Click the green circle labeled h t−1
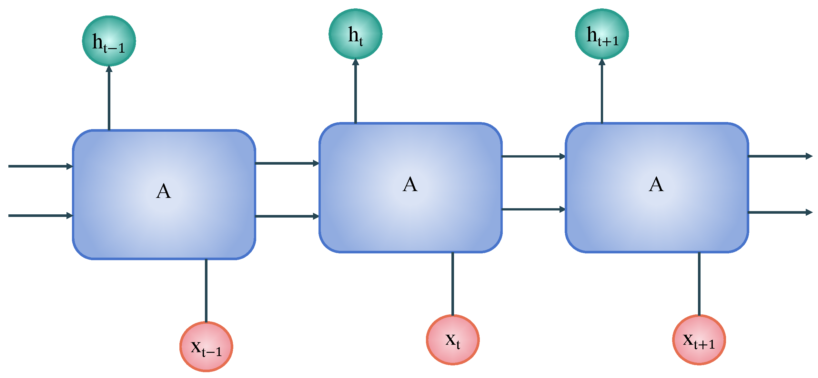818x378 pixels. click(x=109, y=41)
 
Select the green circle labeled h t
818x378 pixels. click(x=356, y=34)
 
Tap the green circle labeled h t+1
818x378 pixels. click(x=602, y=34)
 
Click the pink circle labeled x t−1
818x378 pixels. click(x=206, y=347)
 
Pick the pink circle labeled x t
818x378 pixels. click(x=453, y=340)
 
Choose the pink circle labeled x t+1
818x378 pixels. click(x=699, y=340)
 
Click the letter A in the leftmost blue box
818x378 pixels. click(x=163, y=191)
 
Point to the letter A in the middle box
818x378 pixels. click(x=410, y=184)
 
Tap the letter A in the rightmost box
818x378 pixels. click(x=656, y=184)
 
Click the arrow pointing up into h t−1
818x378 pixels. click(x=109, y=98)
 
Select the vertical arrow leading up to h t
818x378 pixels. click(x=356, y=91)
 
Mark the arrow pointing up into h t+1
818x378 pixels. click(x=602, y=91)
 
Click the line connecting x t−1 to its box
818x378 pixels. click(x=206, y=291)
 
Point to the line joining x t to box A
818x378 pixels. click(x=453, y=284)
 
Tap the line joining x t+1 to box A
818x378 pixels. click(x=699, y=284)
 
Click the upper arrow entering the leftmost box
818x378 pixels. click(x=41, y=166)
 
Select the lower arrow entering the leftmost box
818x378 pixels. click(x=41, y=215)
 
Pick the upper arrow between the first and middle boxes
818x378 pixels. click(x=287, y=163)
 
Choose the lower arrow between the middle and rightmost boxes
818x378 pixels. click(x=534, y=209)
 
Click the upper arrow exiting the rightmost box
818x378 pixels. click(x=780, y=156)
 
